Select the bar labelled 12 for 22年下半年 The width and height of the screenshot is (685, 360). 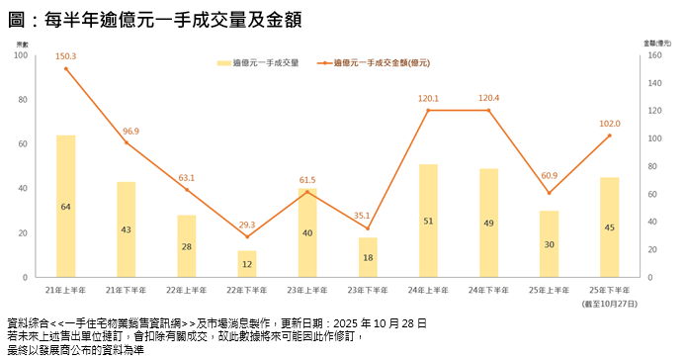[247, 264]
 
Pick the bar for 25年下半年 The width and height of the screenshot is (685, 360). [609, 227]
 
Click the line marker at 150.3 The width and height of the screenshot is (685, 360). [66, 68]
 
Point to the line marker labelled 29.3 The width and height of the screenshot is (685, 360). [247, 236]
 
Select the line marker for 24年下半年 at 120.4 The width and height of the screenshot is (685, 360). [488, 110]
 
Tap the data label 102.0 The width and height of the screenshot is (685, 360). [610, 124]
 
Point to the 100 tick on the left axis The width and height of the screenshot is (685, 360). [21, 55]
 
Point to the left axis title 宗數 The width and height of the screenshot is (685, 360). [22, 45]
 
